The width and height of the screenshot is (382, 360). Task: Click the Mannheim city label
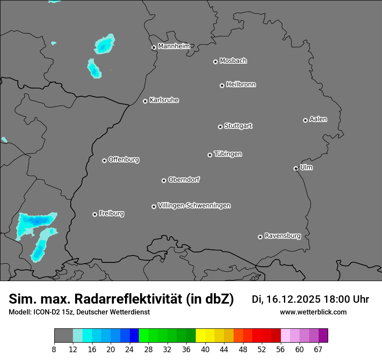[x=174, y=46]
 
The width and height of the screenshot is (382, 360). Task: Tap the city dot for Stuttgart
[x=220, y=127]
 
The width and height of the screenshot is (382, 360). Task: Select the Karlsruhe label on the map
[x=164, y=100]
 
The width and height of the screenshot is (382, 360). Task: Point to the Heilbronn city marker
[x=222, y=85]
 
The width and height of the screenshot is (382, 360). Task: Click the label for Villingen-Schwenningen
[x=194, y=206]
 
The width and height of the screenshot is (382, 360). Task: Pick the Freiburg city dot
[x=95, y=214]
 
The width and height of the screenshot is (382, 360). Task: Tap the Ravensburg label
[x=283, y=236]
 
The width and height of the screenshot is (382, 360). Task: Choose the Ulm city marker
[x=296, y=168]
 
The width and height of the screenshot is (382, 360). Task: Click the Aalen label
[x=318, y=119]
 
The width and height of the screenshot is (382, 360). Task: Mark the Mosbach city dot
[x=215, y=62]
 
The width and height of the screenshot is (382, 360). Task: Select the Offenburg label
[x=124, y=160]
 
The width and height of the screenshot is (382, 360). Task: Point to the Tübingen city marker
[x=210, y=155]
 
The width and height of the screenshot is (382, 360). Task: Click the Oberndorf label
[x=184, y=180]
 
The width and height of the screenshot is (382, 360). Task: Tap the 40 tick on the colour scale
[x=205, y=349]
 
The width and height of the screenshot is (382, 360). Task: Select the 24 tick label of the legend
[x=130, y=349]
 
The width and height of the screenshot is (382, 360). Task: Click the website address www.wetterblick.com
[x=313, y=312]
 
